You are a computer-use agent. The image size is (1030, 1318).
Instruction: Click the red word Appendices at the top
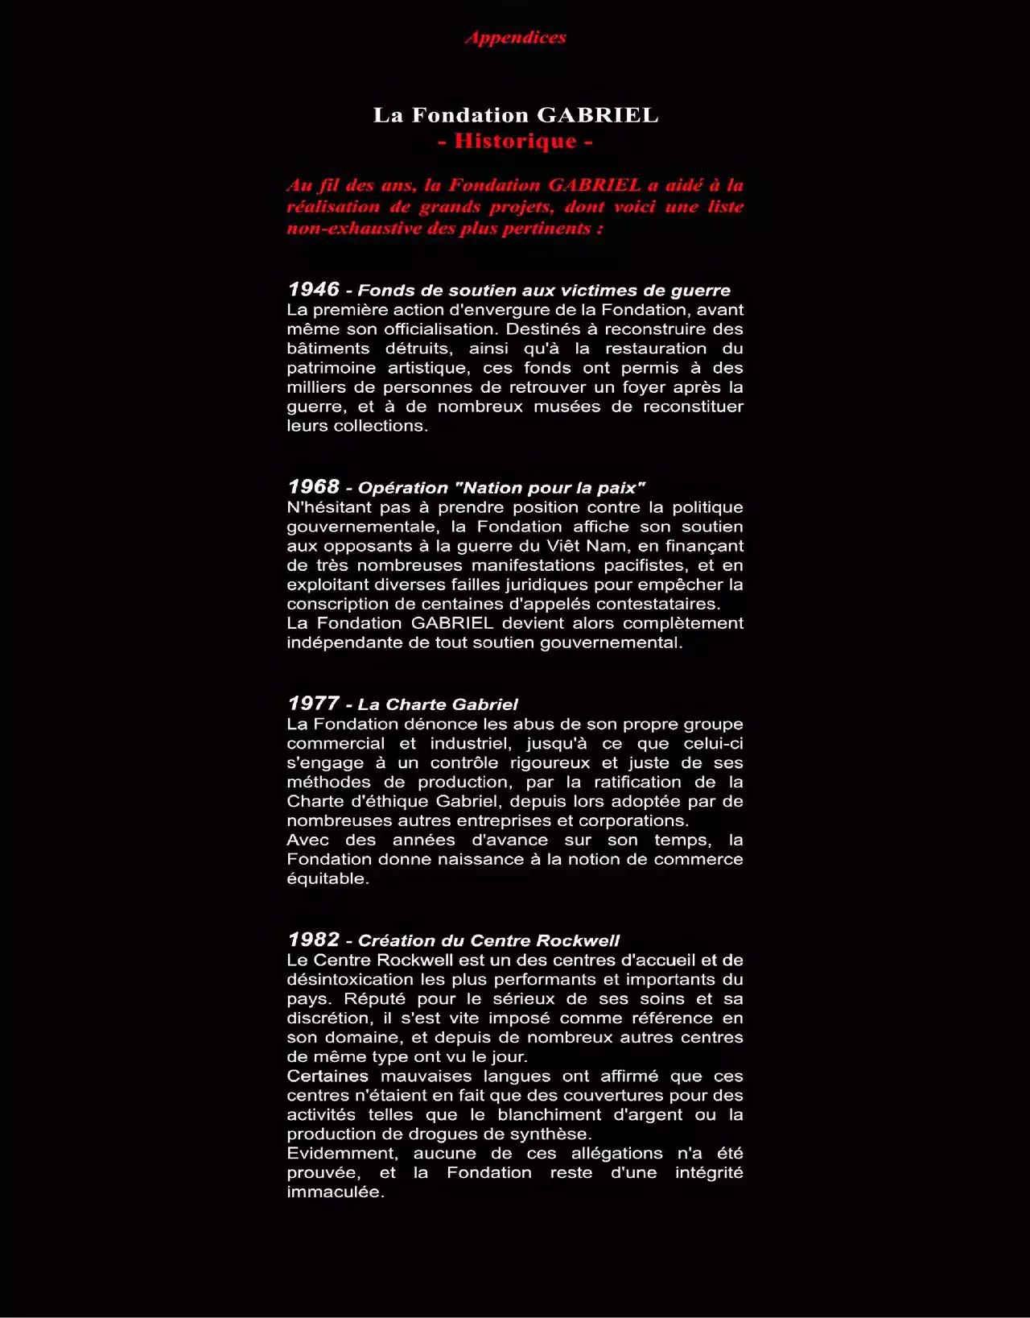[x=516, y=37]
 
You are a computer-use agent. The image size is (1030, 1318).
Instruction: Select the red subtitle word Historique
[x=516, y=141]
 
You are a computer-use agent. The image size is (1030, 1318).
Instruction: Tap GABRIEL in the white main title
[x=597, y=115]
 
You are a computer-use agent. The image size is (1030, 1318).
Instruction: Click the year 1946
[x=313, y=289]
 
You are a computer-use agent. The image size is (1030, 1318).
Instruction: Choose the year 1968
[x=313, y=486]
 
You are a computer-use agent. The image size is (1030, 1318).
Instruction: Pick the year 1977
[x=313, y=703]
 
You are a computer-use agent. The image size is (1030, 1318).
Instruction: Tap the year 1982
[x=313, y=939]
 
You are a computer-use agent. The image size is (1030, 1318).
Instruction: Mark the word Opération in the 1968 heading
[x=402, y=488]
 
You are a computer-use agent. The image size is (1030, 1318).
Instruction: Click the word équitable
[x=328, y=878]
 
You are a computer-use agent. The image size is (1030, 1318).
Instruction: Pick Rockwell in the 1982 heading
[x=578, y=940]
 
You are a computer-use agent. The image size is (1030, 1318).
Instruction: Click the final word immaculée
[x=335, y=1192]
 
